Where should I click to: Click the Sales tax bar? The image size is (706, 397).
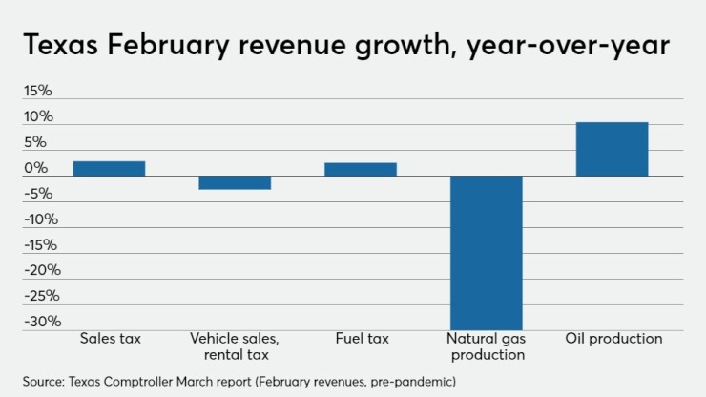(x=109, y=168)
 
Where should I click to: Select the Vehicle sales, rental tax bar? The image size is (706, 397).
(x=235, y=182)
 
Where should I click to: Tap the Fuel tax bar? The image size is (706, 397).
(x=361, y=169)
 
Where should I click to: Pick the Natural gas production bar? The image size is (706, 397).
(x=487, y=252)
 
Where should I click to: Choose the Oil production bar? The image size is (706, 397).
(x=613, y=149)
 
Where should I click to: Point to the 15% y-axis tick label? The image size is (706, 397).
(x=39, y=92)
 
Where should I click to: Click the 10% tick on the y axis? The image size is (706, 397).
(x=39, y=117)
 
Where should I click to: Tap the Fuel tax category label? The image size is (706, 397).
(x=361, y=339)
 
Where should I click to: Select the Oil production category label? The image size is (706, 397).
(x=613, y=339)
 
